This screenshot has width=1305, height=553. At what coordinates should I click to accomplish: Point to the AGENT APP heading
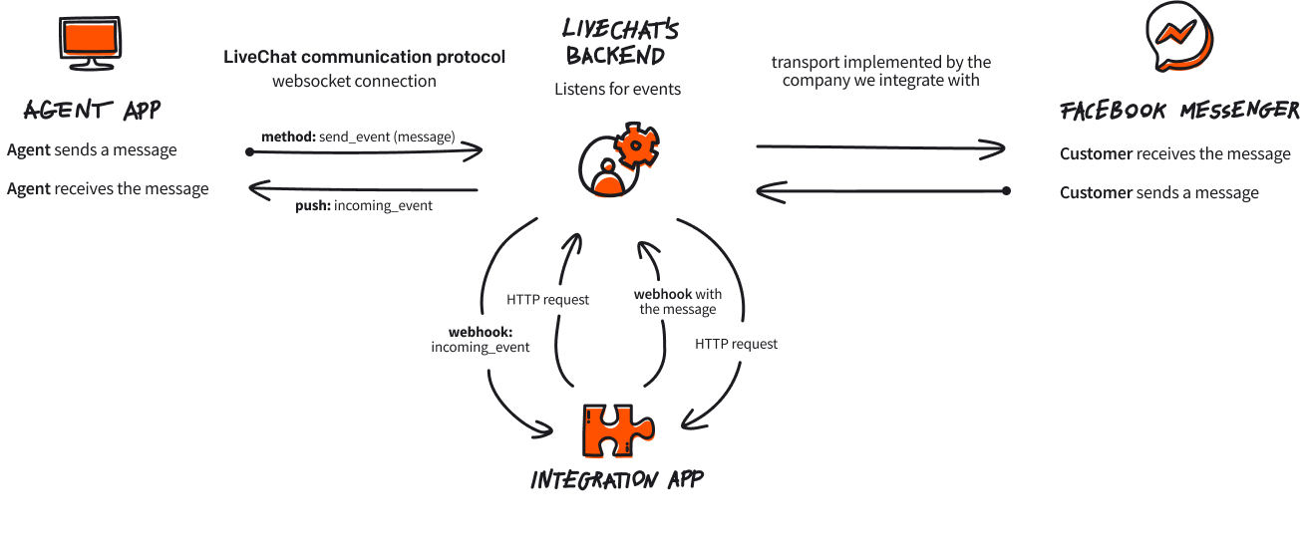tap(92, 109)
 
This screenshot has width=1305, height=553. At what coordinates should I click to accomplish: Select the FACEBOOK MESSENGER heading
tap(1179, 110)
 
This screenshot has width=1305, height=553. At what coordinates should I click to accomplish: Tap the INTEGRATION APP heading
tap(617, 479)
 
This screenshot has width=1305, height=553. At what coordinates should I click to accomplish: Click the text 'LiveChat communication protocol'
tap(364, 57)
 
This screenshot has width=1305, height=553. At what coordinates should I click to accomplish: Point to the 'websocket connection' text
tap(354, 81)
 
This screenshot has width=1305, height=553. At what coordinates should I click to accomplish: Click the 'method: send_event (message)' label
tap(358, 137)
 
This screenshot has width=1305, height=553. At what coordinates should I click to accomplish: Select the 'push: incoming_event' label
tap(363, 206)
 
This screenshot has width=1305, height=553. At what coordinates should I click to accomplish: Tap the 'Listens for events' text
tap(617, 89)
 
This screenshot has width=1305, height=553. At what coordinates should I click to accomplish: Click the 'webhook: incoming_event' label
tap(480, 339)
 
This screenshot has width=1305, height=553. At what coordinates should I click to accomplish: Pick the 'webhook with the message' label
tap(678, 301)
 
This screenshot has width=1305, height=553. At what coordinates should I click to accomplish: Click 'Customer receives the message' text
tap(1174, 153)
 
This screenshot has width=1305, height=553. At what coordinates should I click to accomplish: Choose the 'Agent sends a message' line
tap(92, 149)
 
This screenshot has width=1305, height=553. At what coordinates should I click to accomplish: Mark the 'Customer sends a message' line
tap(1158, 192)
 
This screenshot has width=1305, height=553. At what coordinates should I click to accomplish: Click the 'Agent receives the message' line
tap(108, 188)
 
